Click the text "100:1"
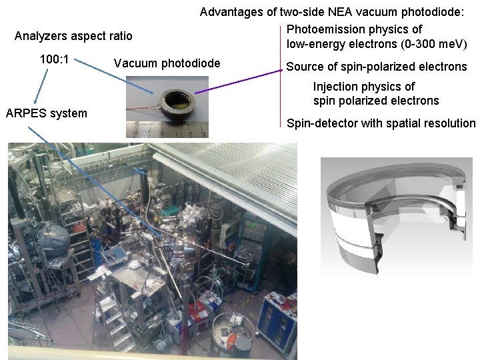(x=55, y=59)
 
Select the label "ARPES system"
(x=46, y=113)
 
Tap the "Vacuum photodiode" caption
(x=167, y=63)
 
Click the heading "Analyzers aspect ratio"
(x=73, y=36)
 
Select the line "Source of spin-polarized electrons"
(x=377, y=67)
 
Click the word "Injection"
(x=335, y=87)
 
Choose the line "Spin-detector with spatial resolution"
(x=381, y=123)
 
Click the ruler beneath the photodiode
(x=167, y=131)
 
